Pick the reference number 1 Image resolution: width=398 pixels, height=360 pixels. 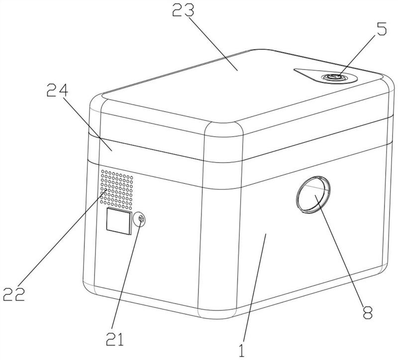coord(242,348)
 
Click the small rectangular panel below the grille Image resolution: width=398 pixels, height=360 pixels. coord(117,221)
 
